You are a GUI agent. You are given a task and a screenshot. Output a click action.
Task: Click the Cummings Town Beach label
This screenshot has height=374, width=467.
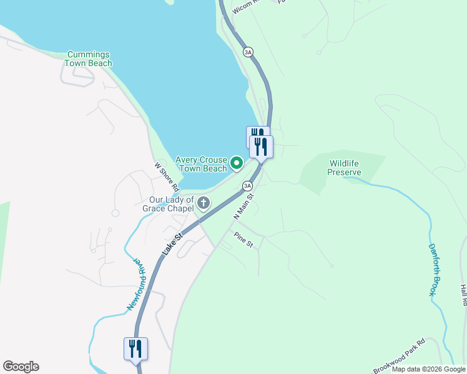click(89, 59)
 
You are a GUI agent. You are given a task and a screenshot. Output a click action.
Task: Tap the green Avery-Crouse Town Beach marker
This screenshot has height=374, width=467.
click(237, 164)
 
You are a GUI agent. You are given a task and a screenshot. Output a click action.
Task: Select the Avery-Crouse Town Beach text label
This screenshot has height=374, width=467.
click(201, 164)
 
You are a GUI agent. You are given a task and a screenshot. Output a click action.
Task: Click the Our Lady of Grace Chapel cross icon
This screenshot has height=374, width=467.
click(204, 203)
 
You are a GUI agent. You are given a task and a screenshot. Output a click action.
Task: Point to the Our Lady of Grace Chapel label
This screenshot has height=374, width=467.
click(168, 204)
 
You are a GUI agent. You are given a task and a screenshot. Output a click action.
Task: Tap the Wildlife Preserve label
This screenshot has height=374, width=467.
click(345, 168)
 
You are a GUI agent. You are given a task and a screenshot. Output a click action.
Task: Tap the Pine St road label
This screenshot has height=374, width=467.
click(243, 239)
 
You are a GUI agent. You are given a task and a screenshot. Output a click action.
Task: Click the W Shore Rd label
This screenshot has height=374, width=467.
click(167, 178)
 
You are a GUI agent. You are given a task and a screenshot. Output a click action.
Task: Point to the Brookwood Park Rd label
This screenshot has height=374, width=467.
click(399, 355)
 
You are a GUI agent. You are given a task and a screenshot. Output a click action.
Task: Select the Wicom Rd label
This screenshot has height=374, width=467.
click(244, 7)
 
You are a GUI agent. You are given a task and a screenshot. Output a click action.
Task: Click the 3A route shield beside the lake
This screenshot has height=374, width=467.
click(248, 52)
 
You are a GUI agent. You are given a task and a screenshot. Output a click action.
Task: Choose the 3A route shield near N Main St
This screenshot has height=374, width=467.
click(247, 186)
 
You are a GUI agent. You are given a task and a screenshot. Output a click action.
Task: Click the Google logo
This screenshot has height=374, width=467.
click(21, 367)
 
